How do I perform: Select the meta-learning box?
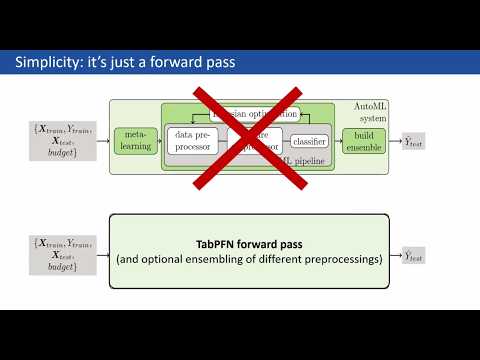tap(133, 141)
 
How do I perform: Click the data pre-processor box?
tap(194, 141)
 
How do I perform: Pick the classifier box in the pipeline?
tap(309, 142)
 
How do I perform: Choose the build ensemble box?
tap(363, 141)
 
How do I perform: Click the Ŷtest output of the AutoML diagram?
tap(414, 142)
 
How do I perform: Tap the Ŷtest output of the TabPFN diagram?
tap(414, 257)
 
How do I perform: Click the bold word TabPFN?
tap(219, 241)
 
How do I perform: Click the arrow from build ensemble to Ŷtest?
tap(393, 142)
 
